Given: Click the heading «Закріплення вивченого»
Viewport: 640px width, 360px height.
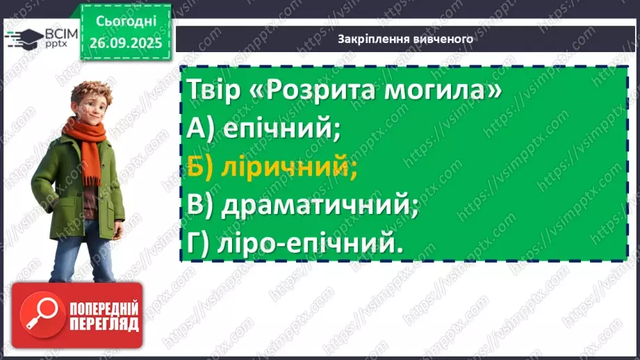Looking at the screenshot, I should coord(405,39).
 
